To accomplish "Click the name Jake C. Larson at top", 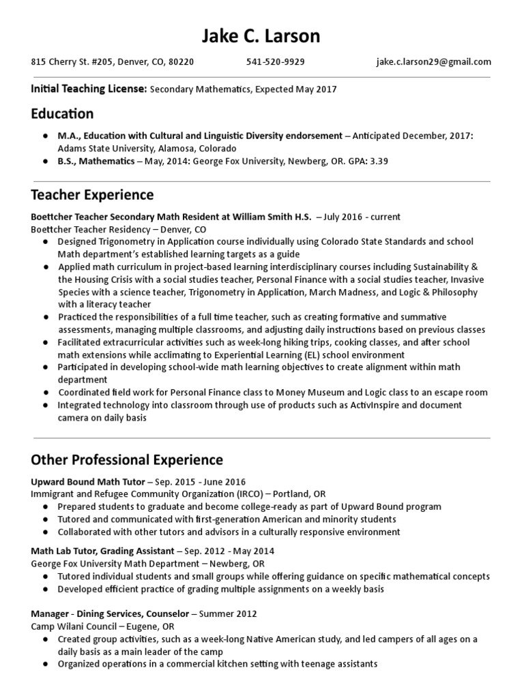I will [261, 35].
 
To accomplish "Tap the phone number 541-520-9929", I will [275, 62].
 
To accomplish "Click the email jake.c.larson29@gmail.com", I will [433, 62].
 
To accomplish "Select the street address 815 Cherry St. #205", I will [73, 62].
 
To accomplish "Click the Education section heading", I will [62, 113].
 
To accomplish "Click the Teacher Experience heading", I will [92, 195].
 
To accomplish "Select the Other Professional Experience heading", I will [126, 459].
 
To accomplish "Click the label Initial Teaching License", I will [88, 89].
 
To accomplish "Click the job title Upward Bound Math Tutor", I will [87, 481].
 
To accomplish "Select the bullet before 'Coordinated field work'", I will [45, 393].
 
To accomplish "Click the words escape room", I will [463, 393].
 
